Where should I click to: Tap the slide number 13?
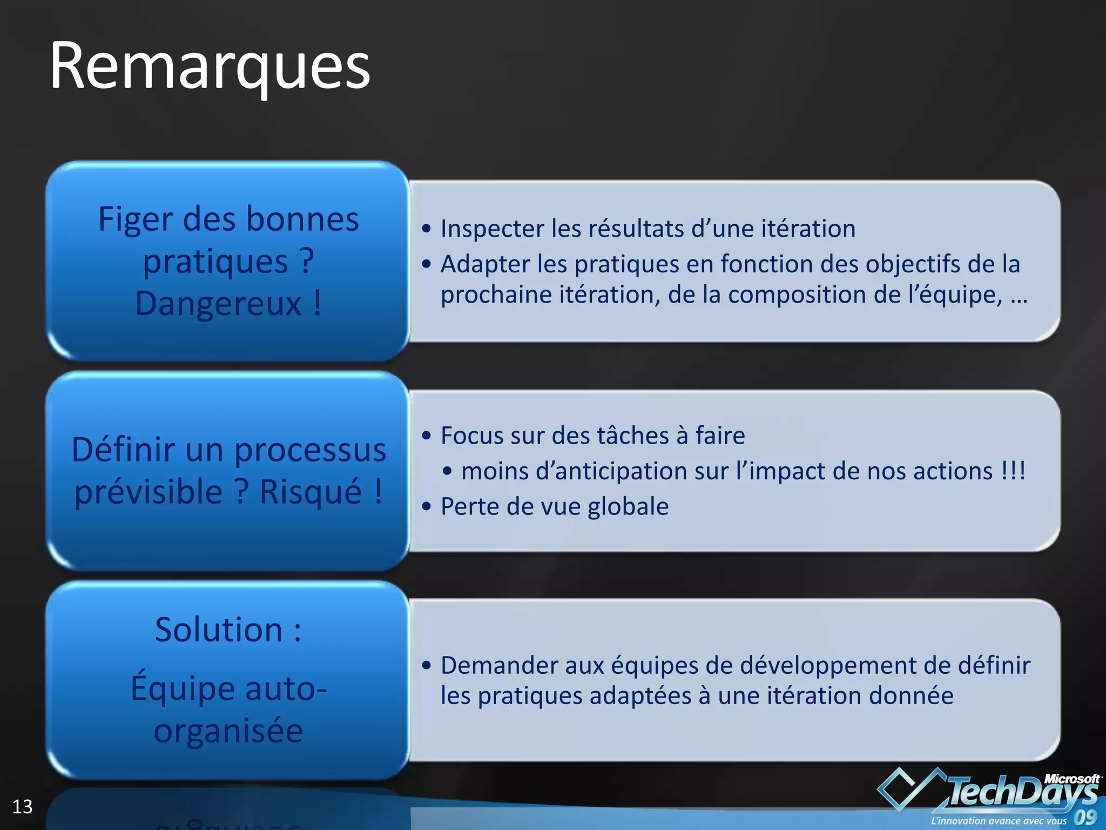[x=22, y=807]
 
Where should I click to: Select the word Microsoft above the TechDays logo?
[x=1071, y=779]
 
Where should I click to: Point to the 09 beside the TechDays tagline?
[x=1085, y=816]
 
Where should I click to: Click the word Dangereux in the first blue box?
[x=218, y=303]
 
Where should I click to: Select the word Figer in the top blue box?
[x=136, y=219]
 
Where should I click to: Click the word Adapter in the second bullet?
[x=485, y=264]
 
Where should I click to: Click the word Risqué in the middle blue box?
[x=311, y=492]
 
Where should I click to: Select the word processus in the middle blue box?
[x=310, y=450]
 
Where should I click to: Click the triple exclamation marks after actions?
[x=1013, y=471]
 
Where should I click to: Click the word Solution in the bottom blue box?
[x=218, y=630]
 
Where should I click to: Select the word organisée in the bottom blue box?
[x=228, y=731]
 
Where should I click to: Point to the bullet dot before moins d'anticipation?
[x=447, y=471]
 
